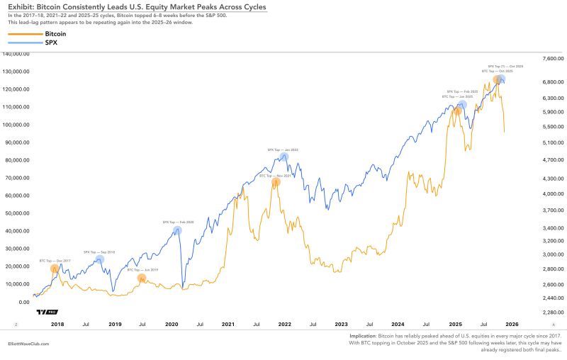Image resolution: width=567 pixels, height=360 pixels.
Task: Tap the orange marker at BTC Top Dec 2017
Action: [55, 269]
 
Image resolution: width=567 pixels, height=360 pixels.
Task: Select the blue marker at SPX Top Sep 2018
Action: [100, 259]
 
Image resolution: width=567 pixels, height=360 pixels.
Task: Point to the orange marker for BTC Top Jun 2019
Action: [142, 278]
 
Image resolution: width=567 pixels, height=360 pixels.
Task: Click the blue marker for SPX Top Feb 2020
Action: [177, 230]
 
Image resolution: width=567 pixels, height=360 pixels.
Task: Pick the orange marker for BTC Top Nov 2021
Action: [276, 182]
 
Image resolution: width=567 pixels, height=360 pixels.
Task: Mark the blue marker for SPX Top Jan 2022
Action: [284, 157]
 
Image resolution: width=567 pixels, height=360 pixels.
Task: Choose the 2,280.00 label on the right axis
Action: [552, 312]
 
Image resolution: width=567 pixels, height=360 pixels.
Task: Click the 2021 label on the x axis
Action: [228, 324]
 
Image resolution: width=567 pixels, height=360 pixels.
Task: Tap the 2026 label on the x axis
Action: [512, 324]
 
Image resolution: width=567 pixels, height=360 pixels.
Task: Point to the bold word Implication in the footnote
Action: [363, 337]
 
